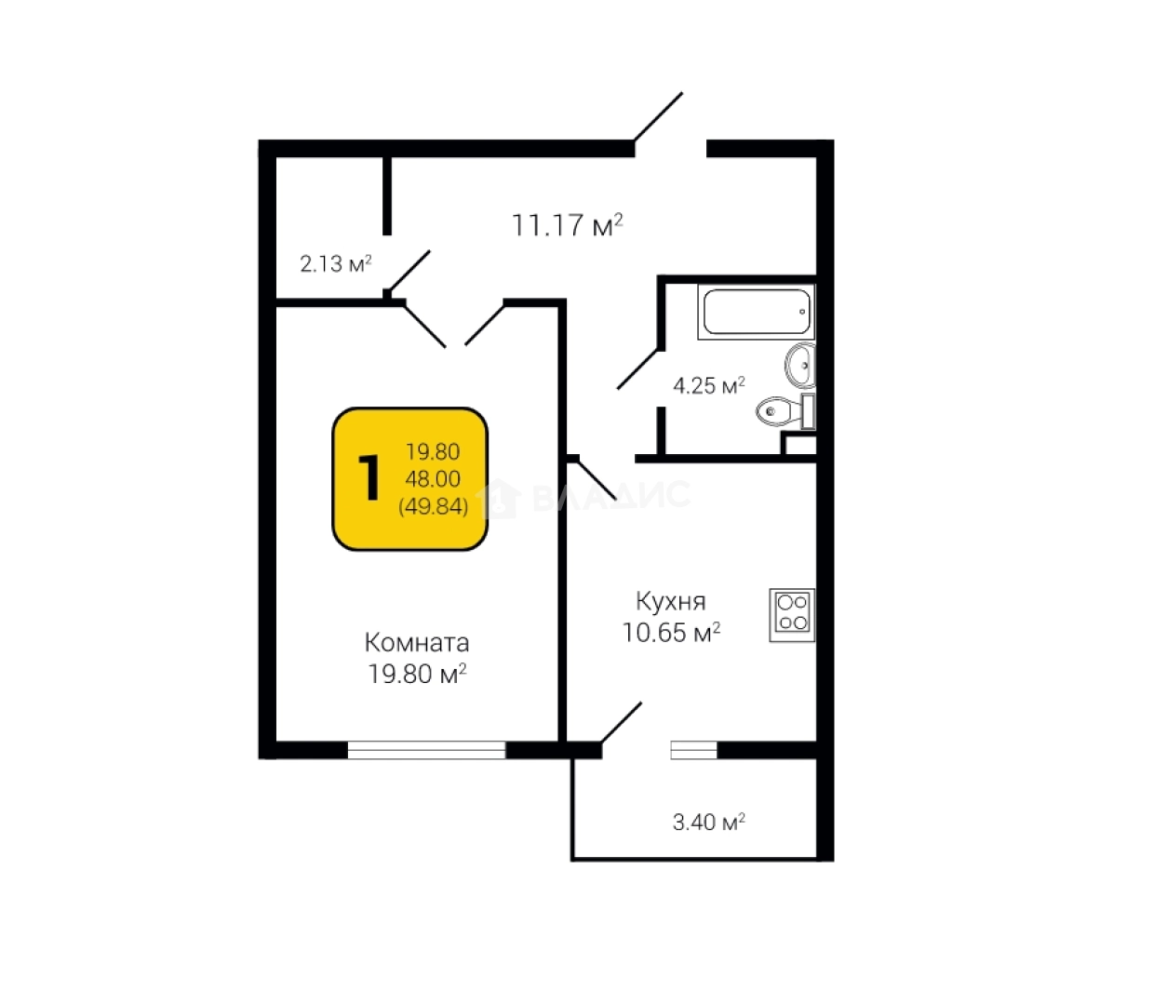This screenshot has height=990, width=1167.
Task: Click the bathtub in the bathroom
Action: coord(756,312)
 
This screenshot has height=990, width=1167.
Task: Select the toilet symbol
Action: coord(780,409)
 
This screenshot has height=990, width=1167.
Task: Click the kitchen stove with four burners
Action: coord(792,614)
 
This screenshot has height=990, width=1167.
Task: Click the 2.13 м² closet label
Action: coord(335,263)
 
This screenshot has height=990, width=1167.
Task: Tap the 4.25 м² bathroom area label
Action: coord(708,384)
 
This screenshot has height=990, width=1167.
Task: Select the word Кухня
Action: coord(670,601)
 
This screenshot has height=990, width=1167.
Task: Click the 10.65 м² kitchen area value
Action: coord(671,633)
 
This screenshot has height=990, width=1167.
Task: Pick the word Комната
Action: coord(416,643)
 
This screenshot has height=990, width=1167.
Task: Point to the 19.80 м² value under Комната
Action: coord(417,674)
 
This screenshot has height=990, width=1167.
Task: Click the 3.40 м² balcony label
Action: coord(708,822)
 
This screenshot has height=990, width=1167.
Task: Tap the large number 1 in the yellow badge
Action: coord(369,479)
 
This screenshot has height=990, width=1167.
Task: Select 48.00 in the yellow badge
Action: coord(433,479)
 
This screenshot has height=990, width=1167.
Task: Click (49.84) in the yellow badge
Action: coord(433,507)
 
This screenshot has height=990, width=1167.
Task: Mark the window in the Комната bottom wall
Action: coord(426,749)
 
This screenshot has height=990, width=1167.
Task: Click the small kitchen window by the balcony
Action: coord(694,750)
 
